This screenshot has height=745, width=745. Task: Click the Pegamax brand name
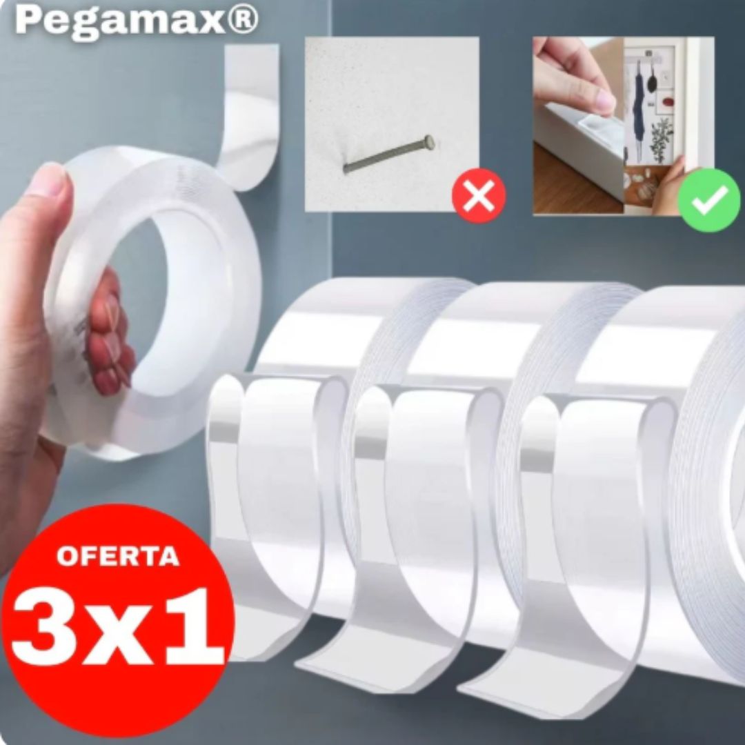[x=121, y=22]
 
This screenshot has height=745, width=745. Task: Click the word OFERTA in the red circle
[x=118, y=557]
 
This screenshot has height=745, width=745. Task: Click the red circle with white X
[x=479, y=196]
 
